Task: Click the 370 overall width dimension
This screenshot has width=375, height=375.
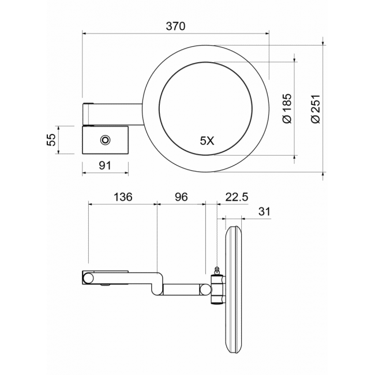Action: click(x=175, y=27)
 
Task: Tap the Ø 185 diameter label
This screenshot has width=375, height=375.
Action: click(x=287, y=108)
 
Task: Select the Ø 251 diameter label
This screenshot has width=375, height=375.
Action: click(x=316, y=109)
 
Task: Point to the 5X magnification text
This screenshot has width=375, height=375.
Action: click(x=207, y=141)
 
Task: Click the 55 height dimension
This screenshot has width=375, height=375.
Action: click(x=51, y=140)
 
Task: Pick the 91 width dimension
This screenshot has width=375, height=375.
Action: click(x=105, y=165)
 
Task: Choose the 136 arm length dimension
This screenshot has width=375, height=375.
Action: click(x=123, y=197)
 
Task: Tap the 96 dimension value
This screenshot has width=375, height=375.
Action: click(x=181, y=197)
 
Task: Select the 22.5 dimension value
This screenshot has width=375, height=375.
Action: click(x=237, y=197)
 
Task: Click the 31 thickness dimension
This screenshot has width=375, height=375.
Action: click(x=264, y=212)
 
